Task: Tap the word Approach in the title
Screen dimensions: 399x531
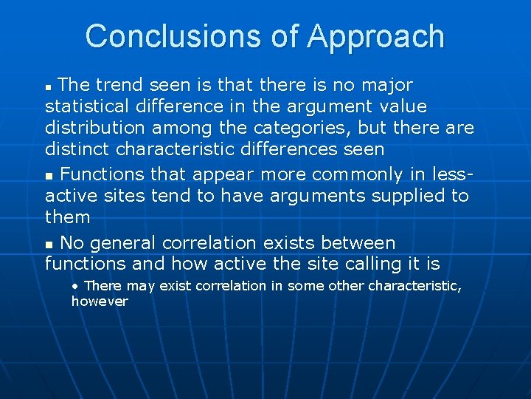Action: pos(377,36)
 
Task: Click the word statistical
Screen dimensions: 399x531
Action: pos(94,106)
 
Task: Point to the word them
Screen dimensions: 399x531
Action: pos(68,217)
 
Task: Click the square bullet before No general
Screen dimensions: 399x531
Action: pos(49,244)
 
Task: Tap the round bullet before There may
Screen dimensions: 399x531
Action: pos(76,286)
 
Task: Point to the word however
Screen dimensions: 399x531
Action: pos(100,301)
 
